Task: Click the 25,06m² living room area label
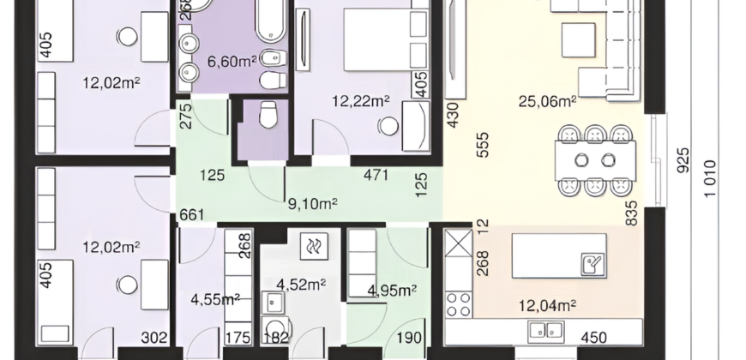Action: coord(548,101)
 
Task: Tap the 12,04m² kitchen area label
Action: coord(548,305)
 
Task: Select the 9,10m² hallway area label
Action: coord(313,204)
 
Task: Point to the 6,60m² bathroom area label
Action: coord(232,61)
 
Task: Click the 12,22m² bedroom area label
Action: coord(361,101)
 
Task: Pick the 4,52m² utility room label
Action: coord(301,285)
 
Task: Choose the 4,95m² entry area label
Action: coord(393,290)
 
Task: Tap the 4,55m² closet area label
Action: coord(215,300)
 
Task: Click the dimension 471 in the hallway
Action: coord(376,175)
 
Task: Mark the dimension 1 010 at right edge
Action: coord(709,179)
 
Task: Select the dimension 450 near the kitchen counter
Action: coord(593,337)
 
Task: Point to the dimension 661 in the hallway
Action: coord(192,215)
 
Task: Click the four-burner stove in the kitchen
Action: coord(459,305)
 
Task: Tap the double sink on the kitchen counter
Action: coord(546,331)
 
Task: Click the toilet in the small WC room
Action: coord(268,114)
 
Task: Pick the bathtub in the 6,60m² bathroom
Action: coord(271,20)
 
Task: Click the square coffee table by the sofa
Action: coord(579,40)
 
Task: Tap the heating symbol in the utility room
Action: coord(314,246)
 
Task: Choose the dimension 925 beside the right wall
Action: coord(683,160)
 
